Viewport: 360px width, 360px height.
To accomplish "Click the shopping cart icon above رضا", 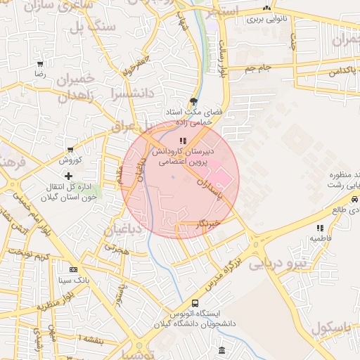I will click(40, 64).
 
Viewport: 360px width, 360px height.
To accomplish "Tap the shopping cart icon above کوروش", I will click(70, 150).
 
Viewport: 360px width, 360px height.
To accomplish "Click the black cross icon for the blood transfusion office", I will click(67, 176).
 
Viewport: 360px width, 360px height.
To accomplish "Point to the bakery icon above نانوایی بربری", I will click(266, 8).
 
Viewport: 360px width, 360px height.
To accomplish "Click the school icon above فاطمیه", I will click(321, 228).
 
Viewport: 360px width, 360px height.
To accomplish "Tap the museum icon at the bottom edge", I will click(222, 350).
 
